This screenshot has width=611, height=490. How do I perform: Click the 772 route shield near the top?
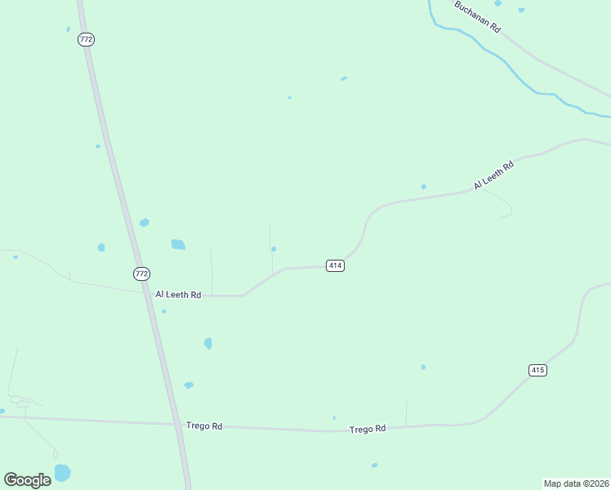pyautogui.click(x=87, y=39)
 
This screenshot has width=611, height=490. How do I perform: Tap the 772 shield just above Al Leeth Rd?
pyautogui.click(x=141, y=273)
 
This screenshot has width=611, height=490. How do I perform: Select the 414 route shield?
pyautogui.click(x=335, y=265)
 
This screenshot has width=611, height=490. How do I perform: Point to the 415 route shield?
pyautogui.click(x=537, y=370)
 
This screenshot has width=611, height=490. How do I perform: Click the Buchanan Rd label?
pyautogui.click(x=477, y=16)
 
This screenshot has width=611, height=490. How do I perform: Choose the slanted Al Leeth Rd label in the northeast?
pyautogui.click(x=493, y=176)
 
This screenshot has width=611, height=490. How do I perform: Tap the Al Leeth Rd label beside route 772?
pyautogui.click(x=178, y=295)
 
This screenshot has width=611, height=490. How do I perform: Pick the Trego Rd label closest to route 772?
pyautogui.click(x=204, y=425)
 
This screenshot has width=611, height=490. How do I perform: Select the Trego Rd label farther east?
pyautogui.click(x=367, y=429)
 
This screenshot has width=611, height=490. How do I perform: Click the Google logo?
pyautogui.click(x=27, y=479)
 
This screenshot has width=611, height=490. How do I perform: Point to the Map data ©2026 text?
pyautogui.click(x=576, y=483)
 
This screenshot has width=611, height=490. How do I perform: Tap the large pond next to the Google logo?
pyautogui.click(x=62, y=472)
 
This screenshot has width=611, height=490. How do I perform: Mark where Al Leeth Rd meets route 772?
pyautogui.click(x=149, y=293)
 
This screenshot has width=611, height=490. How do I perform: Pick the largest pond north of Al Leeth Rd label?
pyautogui.click(x=178, y=244)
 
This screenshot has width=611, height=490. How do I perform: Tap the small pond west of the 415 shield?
pyautogui.click(x=423, y=367)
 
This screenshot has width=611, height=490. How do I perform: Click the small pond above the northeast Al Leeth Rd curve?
pyautogui.click(x=423, y=186)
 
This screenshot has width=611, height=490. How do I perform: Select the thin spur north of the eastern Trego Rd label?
pyautogui.click(x=406, y=412)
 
